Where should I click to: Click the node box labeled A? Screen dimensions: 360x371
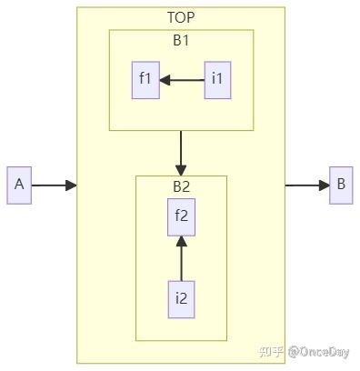[x=19, y=185]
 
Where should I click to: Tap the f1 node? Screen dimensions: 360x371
[x=145, y=79]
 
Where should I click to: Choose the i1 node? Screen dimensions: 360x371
[x=216, y=79]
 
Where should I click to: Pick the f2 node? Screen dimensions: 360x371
[x=181, y=216]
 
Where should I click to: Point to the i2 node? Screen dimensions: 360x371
[x=181, y=297]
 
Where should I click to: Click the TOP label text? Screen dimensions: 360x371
[x=181, y=17]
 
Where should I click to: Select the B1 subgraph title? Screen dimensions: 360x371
[x=181, y=41]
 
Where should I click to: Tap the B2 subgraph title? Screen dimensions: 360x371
[x=181, y=187]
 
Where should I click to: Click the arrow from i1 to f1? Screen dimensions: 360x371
[x=185, y=79]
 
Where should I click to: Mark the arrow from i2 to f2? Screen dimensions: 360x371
[x=181, y=259]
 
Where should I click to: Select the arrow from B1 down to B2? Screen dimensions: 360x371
[x=181, y=150]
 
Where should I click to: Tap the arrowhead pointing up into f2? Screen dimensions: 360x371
[x=181, y=240]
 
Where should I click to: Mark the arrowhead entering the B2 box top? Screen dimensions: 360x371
[x=181, y=170]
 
